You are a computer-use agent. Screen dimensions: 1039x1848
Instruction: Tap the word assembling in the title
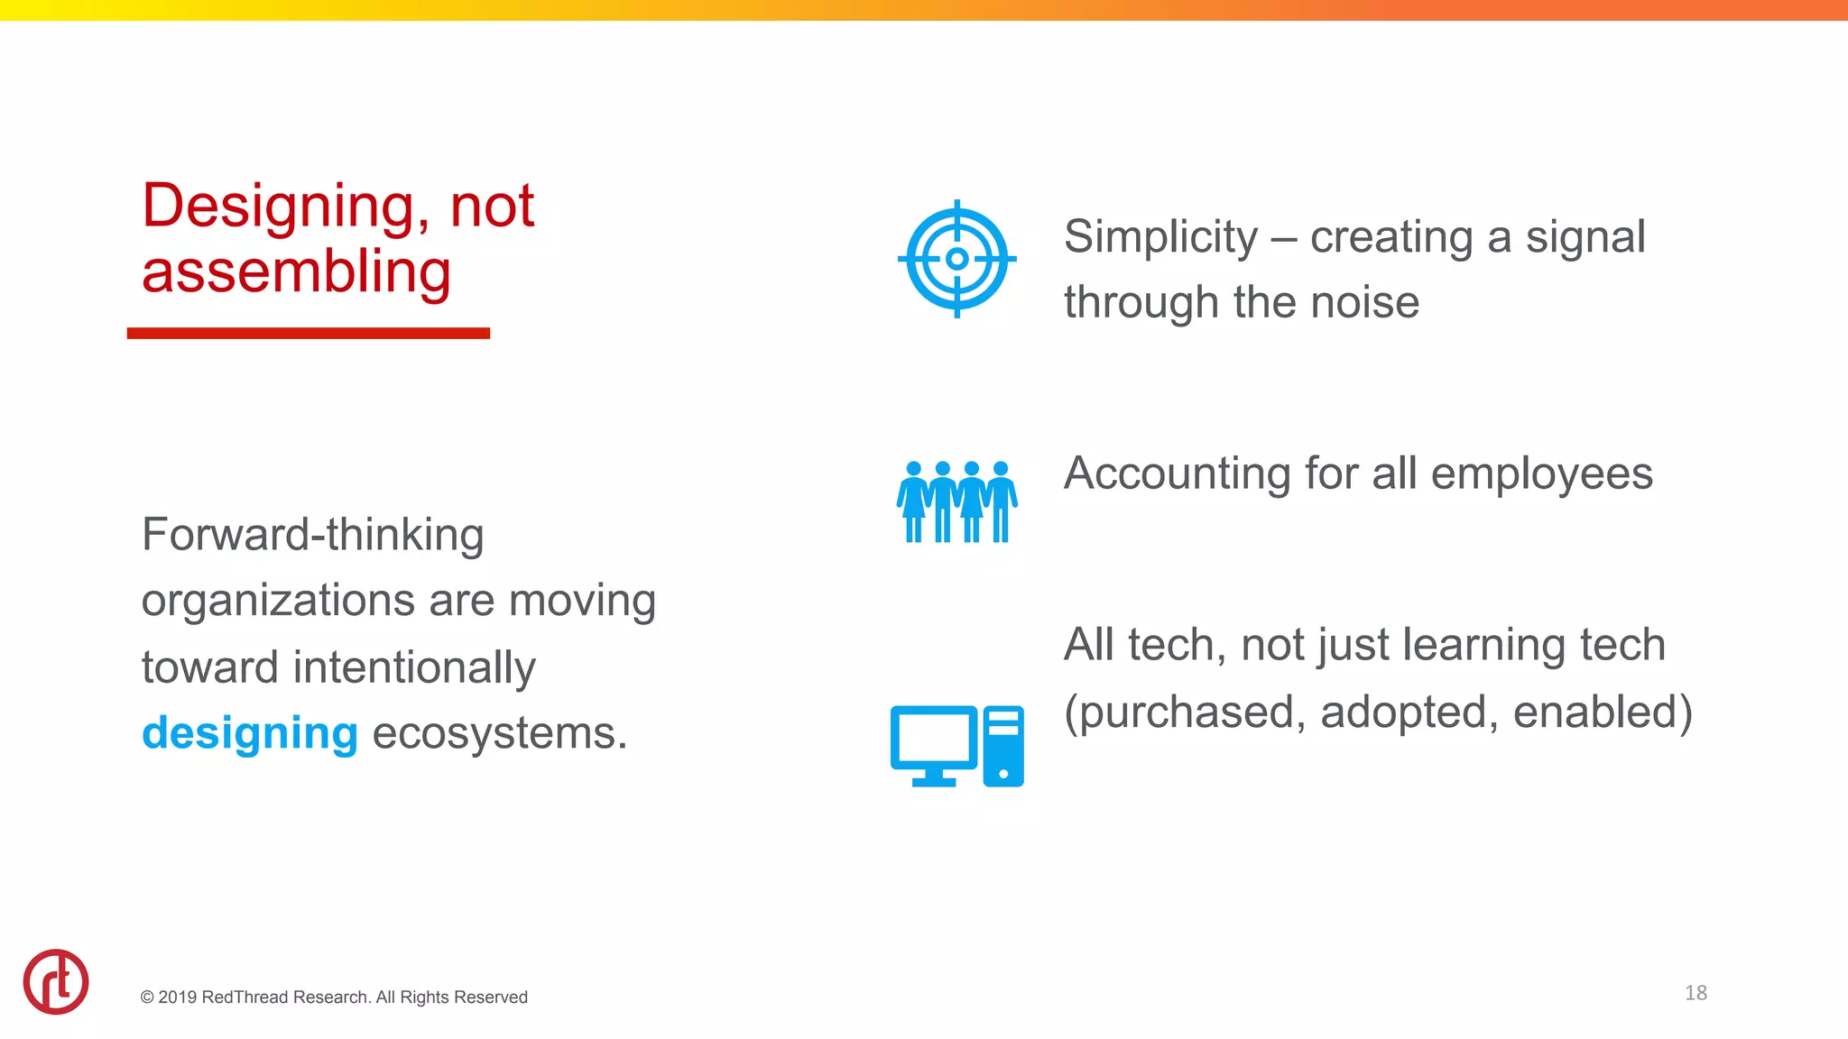(296, 272)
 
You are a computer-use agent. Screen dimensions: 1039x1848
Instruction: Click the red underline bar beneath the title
(308, 334)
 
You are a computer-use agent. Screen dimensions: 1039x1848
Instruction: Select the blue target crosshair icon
(956, 259)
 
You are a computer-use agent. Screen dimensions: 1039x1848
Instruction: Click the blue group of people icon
(956, 501)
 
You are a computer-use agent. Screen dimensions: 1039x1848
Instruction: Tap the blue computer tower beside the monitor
(1003, 746)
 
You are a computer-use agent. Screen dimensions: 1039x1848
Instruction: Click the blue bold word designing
(250, 732)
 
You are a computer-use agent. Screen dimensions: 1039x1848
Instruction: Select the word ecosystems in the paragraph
(498, 732)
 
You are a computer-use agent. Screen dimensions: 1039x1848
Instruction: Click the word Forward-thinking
(312, 535)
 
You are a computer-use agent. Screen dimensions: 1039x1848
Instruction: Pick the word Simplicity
(1160, 237)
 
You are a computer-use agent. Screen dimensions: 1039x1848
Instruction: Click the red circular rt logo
(56, 981)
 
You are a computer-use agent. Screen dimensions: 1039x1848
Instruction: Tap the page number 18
(1696, 993)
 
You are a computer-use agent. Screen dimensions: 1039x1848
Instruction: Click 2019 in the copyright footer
(177, 998)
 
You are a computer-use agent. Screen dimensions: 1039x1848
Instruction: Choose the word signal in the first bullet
(1585, 237)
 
